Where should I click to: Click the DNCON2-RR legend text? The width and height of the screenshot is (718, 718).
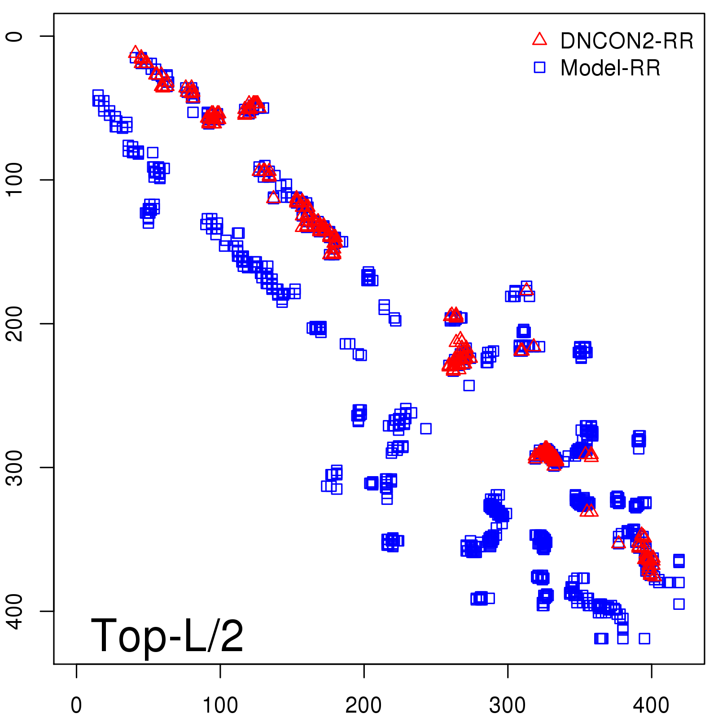click(626, 41)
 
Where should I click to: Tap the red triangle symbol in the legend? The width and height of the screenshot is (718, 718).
click(539, 39)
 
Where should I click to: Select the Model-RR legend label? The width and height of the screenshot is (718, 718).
click(610, 68)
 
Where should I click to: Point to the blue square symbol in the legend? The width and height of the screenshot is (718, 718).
click(539, 67)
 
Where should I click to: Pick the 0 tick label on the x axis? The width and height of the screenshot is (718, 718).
click(76, 705)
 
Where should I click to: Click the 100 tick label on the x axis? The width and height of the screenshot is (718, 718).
click(220, 705)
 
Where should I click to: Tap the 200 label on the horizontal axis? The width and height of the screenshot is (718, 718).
click(363, 705)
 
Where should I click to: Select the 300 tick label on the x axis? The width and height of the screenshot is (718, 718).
click(508, 705)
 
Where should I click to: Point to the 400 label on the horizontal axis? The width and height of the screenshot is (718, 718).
click(651, 705)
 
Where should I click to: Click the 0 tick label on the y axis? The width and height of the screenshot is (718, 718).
click(14, 36)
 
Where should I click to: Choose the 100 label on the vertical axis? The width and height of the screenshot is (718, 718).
click(14, 179)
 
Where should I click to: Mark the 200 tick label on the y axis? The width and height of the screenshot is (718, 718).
click(14, 323)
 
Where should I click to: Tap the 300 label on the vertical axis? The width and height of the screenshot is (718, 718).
click(14, 467)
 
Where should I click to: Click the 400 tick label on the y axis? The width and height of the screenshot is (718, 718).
click(14, 611)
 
